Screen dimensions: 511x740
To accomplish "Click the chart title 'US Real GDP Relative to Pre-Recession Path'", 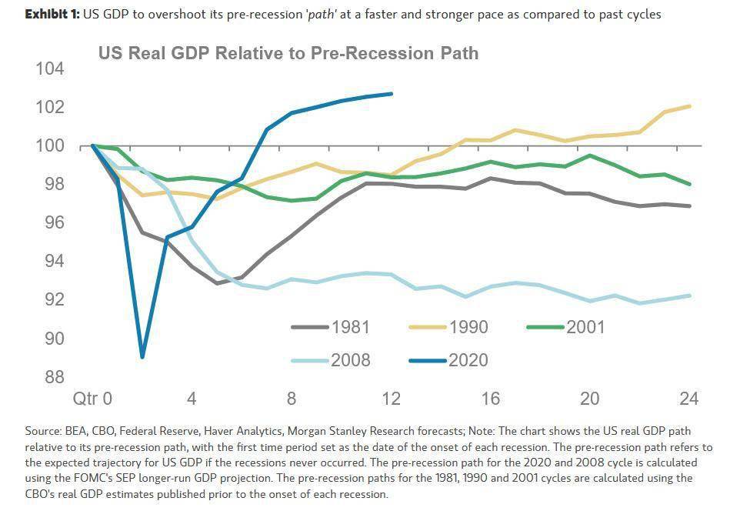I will [x=288, y=53].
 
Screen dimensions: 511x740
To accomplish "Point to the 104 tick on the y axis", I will [x=49, y=69].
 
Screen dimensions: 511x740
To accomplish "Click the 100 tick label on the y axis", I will [x=49, y=145].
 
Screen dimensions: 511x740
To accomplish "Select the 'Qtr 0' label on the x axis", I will [x=92, y=399].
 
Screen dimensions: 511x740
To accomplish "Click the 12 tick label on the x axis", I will [x=391, y=399].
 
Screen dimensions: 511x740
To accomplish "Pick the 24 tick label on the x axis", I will [x=689, y=399].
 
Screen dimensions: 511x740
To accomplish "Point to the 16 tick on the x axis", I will [x=491, y=399].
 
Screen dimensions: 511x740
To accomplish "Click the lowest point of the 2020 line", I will [x=142, y=356].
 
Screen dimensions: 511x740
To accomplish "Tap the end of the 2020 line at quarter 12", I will [x=392, y=94].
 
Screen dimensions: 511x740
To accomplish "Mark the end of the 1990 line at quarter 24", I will [x=689, y=106].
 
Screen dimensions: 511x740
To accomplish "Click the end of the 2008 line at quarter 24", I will [x=689, y=296].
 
